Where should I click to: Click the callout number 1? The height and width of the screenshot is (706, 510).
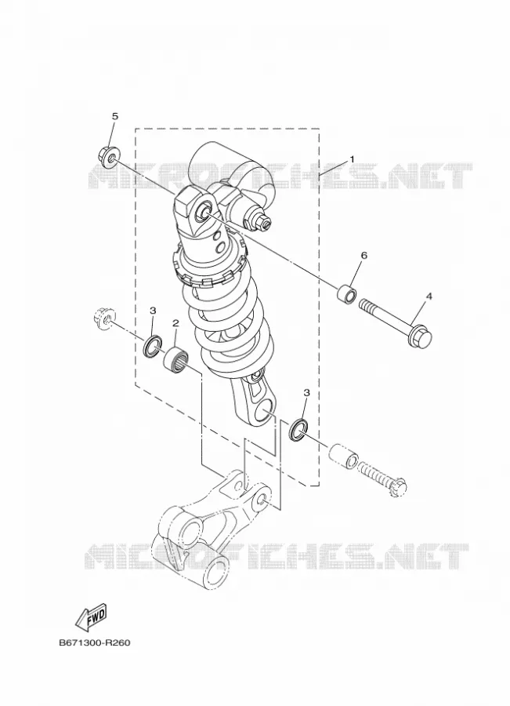coord(353,159)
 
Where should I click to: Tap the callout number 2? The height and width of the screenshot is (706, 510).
coord(175,323)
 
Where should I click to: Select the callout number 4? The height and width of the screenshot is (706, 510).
coord(429,297)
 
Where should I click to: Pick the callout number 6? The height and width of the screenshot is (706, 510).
coord(364,255)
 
